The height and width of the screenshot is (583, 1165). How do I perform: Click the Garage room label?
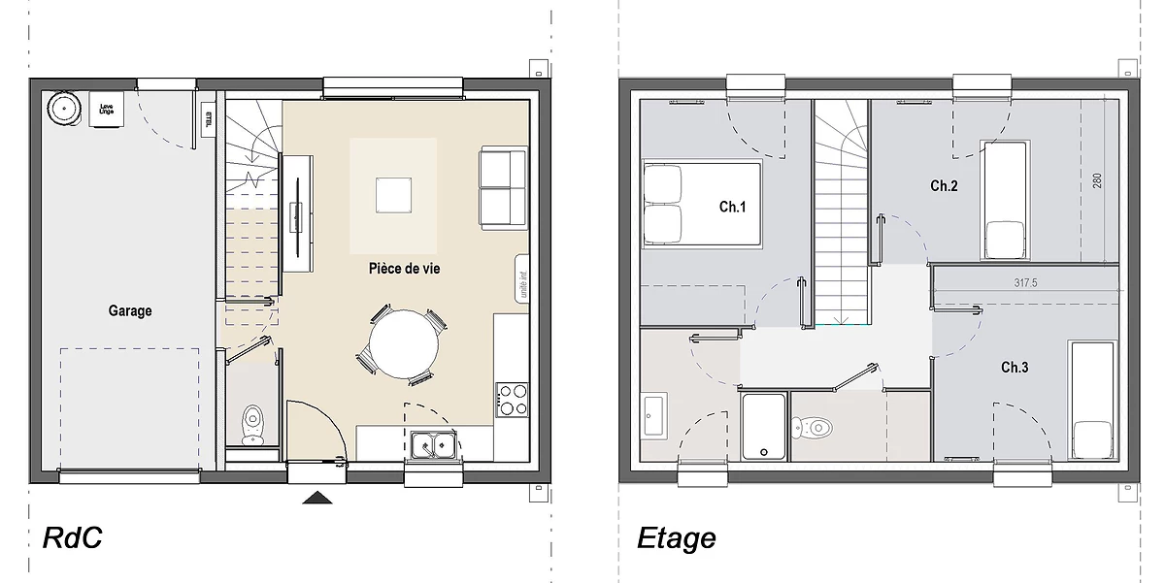(x=130, y=311)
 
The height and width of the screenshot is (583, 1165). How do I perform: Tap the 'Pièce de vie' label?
(x=404, y=269)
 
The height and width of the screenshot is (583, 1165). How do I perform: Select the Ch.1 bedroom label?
(x=732, y=207)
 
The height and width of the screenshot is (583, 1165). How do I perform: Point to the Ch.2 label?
(x=944, y=186)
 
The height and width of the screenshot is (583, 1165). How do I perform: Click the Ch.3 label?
(x=1015, y=368)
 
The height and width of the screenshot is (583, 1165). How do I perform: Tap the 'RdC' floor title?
(x=73, y=537)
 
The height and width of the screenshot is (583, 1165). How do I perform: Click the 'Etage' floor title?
(x=677, y=537)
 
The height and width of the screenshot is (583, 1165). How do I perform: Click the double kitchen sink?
(x=434, y=445)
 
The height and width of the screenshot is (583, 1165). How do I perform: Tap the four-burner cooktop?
(x=513, y=399)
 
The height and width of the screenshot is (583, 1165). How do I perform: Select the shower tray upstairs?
(x=764, y=426)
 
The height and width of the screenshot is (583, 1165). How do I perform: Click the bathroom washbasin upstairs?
(x=653, y=415)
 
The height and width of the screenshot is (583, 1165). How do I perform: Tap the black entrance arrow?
(x=318, y=498)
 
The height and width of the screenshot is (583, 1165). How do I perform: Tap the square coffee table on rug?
(x=393, y=194)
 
